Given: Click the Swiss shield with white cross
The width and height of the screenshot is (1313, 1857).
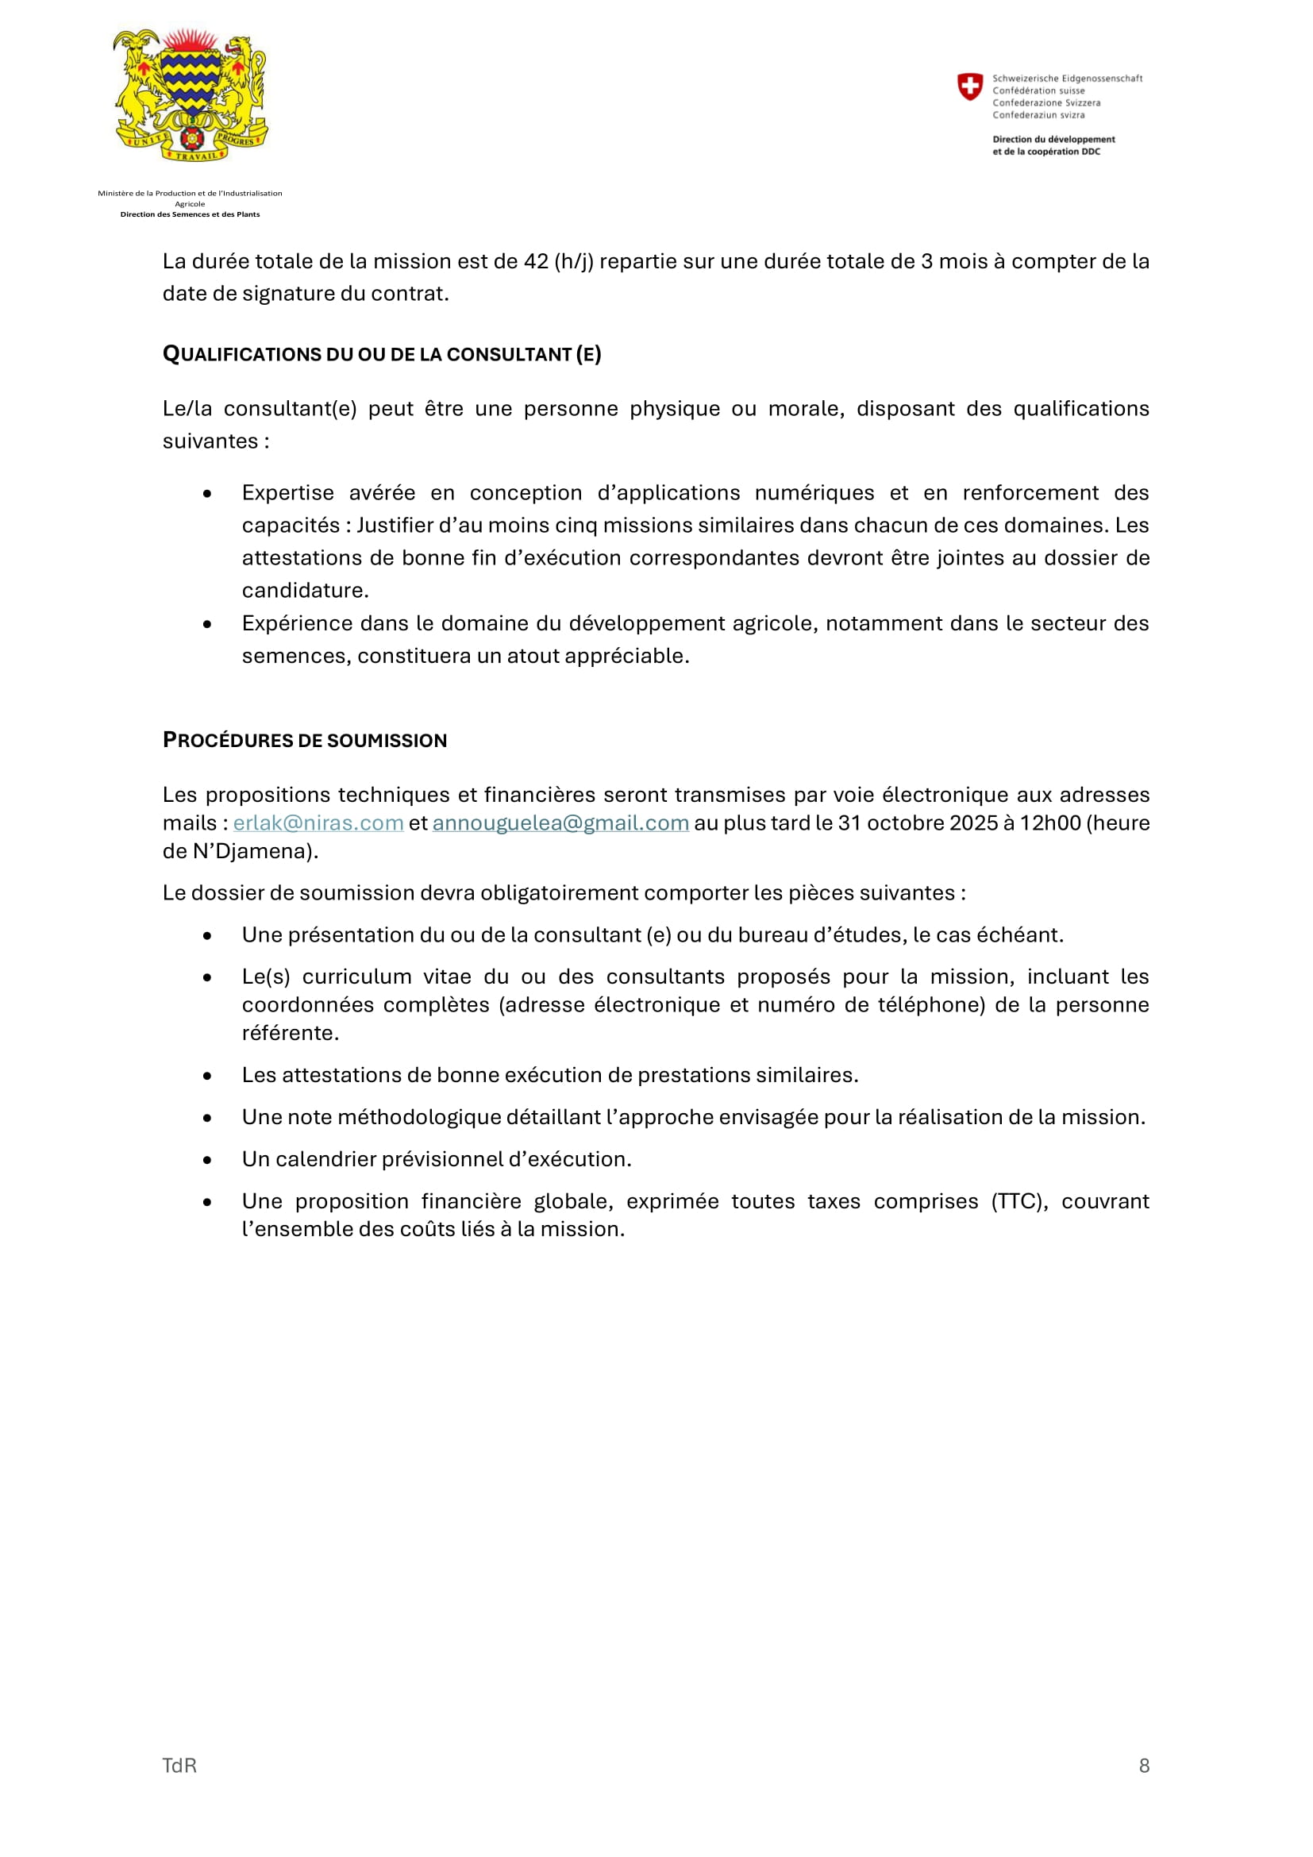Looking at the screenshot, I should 969,87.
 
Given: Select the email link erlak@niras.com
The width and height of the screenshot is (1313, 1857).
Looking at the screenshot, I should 318,823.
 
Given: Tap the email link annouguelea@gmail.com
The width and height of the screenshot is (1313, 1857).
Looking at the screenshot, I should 560,823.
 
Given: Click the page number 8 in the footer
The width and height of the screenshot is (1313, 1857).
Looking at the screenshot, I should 1144,1765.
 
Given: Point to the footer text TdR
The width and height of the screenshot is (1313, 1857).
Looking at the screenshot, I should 179,1765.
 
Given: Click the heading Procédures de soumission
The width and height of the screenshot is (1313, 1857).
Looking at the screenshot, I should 305,740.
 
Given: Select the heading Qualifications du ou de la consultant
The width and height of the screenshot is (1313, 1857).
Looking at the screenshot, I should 382,354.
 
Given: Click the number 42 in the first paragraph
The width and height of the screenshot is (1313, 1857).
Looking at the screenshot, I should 536,262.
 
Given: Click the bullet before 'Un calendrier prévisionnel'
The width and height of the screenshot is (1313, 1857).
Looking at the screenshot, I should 208,1160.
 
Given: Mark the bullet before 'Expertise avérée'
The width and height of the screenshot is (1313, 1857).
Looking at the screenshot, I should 208,493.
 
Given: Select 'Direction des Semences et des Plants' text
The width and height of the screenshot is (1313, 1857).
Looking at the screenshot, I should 190,214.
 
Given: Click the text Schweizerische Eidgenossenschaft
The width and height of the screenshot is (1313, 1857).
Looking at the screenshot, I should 1067,79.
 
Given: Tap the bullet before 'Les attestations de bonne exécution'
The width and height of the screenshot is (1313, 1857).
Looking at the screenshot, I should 208,1076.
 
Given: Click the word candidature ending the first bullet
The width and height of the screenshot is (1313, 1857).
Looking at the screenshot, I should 304,591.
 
